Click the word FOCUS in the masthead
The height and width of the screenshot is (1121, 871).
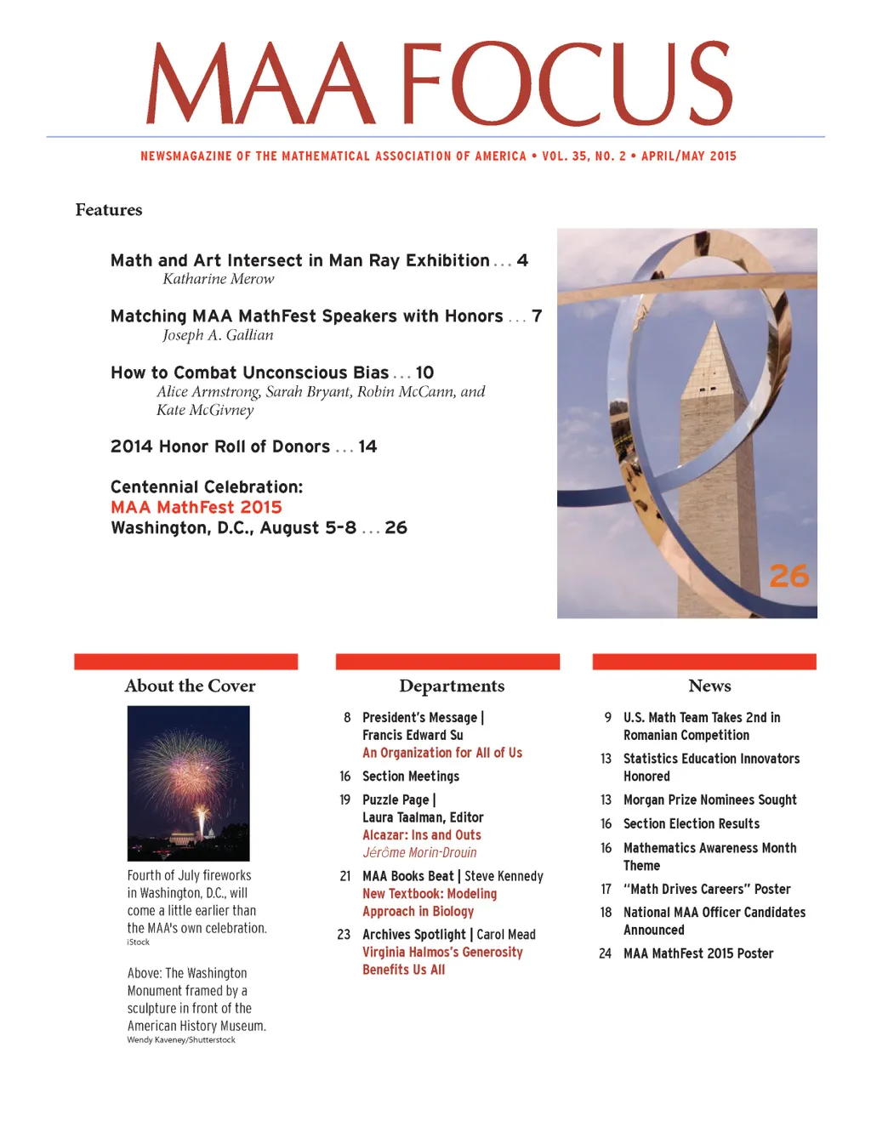tap(566, 85)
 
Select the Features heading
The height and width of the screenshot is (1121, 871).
tap(109, 210)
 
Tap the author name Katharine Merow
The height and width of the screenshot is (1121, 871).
tap(219, 279)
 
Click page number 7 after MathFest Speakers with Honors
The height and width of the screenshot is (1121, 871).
tap(537, 316)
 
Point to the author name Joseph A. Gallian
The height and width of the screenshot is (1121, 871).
tap(219, 335)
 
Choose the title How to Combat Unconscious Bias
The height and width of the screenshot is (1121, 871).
tap(249, 373)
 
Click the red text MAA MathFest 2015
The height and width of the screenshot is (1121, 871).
tap(196, 508)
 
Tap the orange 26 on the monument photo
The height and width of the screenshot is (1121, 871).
tap(788, 576)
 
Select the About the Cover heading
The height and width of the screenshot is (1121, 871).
tap(190, 686)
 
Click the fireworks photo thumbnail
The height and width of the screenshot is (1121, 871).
tap(189, 783)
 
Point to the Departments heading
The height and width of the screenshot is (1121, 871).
tap(452, 686)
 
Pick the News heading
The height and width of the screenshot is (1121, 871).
tap(709, 686)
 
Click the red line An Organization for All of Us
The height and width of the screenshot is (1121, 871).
tap(442, 753)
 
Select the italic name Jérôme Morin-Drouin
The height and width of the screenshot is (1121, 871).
tap(419, 852)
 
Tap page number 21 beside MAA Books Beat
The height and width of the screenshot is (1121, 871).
tap(345, 876)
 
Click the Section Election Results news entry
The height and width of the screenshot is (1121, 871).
tap(692, 824)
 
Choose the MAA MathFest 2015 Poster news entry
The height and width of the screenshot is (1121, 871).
tap(698, 953)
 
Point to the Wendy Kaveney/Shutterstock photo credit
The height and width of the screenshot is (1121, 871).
tap(181, 1040)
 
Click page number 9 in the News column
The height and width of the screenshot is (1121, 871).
tap(607, 718)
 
